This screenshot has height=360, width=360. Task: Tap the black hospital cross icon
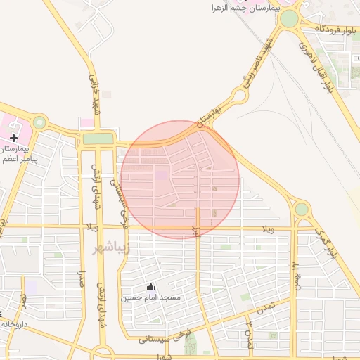tap(13, 138)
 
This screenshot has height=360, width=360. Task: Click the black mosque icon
tap(150, 287)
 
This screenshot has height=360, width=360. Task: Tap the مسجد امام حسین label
tap(150, 297)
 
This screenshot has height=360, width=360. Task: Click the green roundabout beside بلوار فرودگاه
tap(289, 18)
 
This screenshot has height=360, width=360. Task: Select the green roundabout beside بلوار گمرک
tap(302, 210)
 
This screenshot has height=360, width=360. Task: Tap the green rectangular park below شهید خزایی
tap(98, 139)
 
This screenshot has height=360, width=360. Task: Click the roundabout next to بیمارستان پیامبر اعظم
tap(39, 122)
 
